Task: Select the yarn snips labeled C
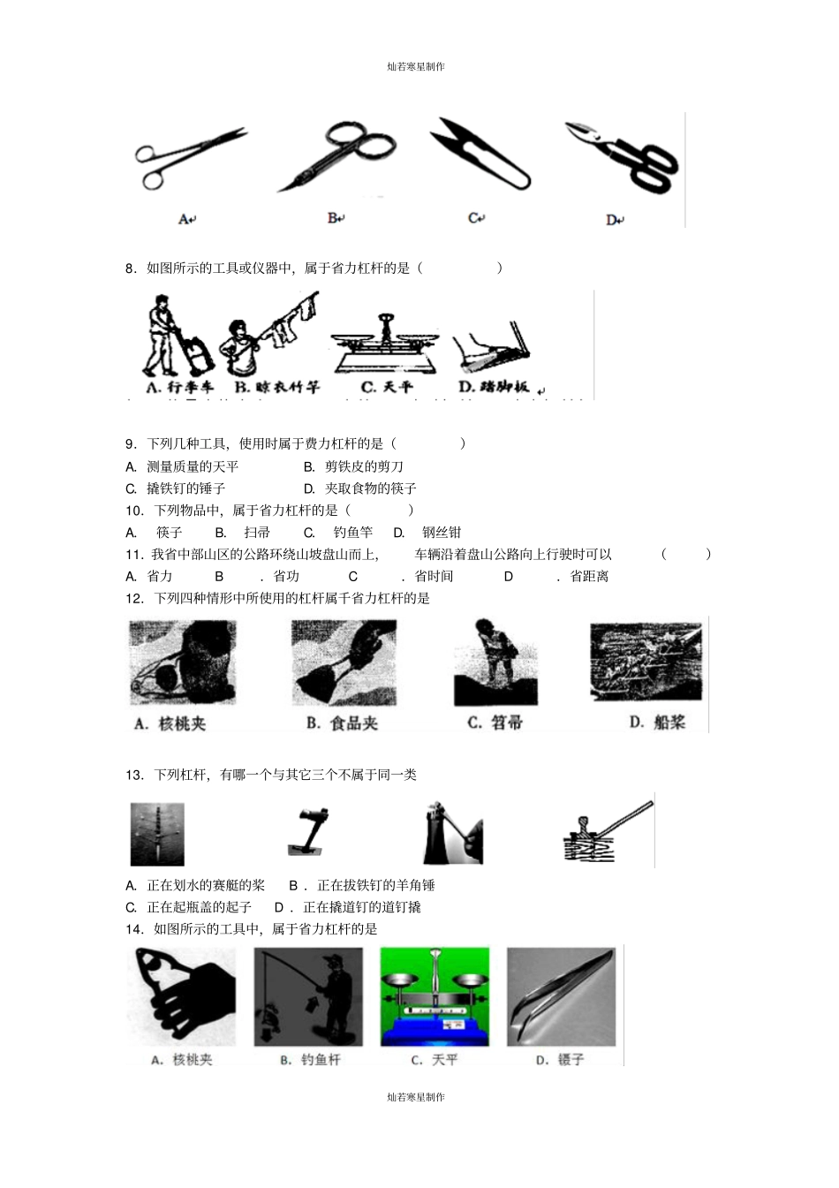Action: click(x=480, y=155)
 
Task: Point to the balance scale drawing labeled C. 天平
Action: click(x=387, y=343)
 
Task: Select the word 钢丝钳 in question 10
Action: click(x=441, y=533)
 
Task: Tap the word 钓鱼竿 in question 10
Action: click(x=353, y=533)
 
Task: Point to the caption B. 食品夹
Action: click(x=342, y=723)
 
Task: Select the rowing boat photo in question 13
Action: click(x=157, y=834)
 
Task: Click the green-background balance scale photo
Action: click(x=435, y=995)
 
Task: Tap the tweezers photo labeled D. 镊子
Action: click(x=561, y=995)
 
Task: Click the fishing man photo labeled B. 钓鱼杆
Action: click(x=308, y=995)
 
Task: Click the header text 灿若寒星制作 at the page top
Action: click(x=416, y=67)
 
